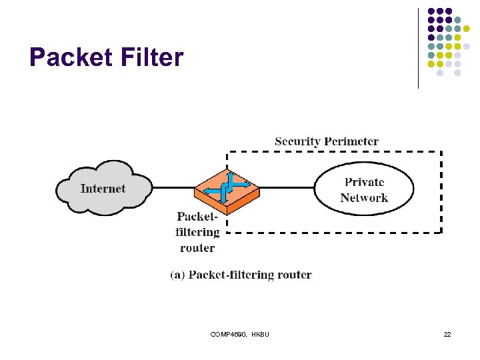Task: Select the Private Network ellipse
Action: pos(364,189)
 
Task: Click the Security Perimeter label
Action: pos(327,141)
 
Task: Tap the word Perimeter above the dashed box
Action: pos(351,141)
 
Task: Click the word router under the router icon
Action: pos(197,248)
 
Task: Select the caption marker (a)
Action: pos(178,275)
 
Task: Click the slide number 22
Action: pos(447,334)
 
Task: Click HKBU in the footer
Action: pos(261,334)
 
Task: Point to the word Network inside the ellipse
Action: pos(364,197)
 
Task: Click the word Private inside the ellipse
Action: pos(364,181)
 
